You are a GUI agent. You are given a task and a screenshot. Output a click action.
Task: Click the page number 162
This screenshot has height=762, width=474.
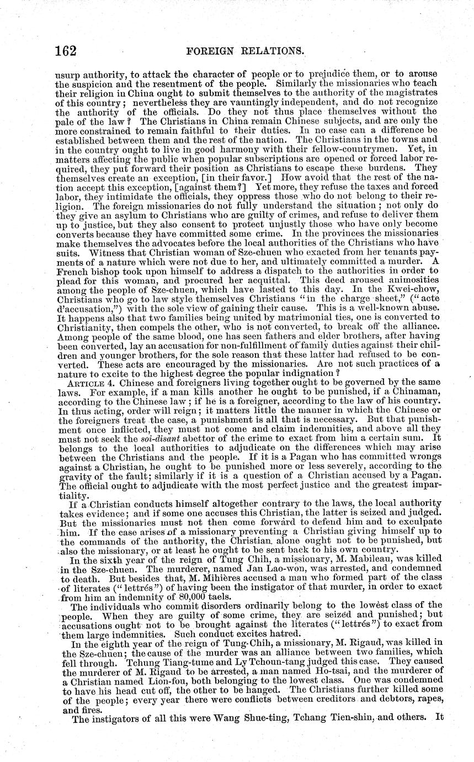(65, 51)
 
